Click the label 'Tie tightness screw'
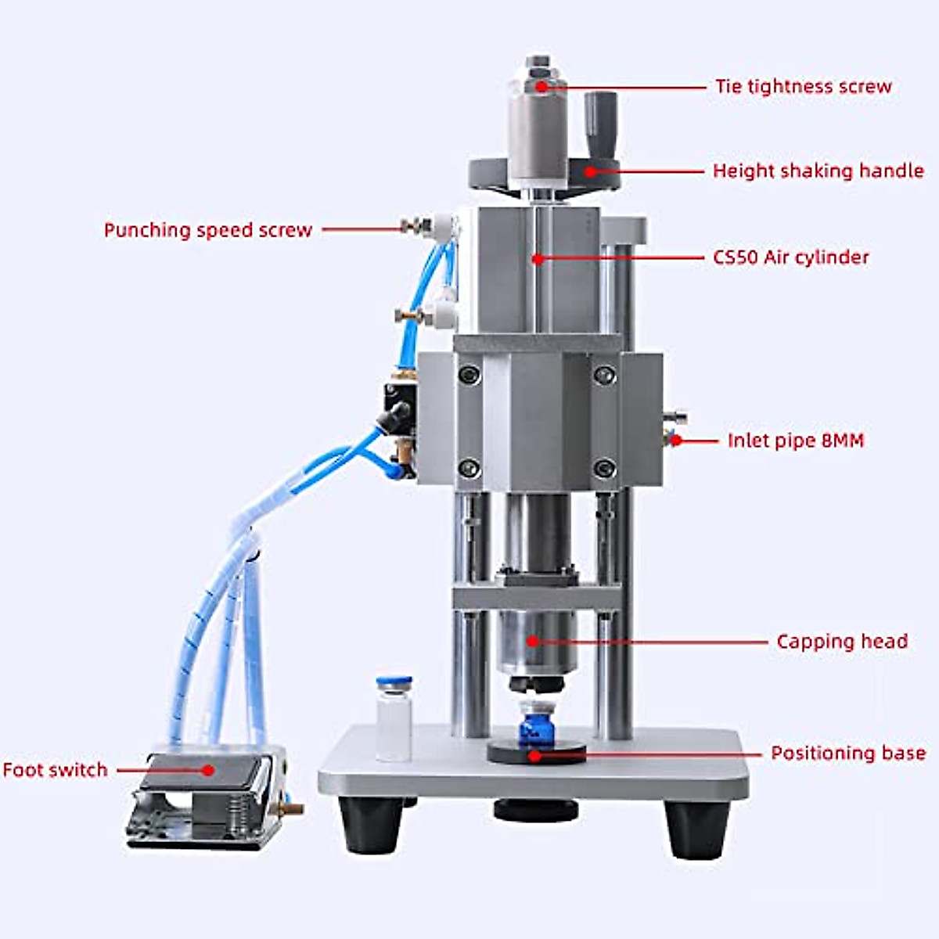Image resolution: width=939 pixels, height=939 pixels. click(804, 86)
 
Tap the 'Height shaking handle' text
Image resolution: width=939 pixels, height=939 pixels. click(818, 171)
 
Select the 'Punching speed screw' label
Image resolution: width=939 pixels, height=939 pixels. click(208, 230)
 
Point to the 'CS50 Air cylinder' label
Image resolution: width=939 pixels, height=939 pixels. click(790, 257)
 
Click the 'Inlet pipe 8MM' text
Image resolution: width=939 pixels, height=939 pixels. click(796, 441)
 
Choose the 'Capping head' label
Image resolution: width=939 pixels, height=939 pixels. click(842, 642)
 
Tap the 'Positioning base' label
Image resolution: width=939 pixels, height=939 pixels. click(848, 753)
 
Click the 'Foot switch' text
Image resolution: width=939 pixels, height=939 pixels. click(55, 770)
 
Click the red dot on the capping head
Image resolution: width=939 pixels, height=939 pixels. click(532, 642)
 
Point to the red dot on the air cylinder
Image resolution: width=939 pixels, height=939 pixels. click(537, 257)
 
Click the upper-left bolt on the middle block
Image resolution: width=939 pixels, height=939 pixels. click(468, 374)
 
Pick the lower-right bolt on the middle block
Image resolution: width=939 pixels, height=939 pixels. click(603, 468)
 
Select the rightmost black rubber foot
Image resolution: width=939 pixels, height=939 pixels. click(696, 828)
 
